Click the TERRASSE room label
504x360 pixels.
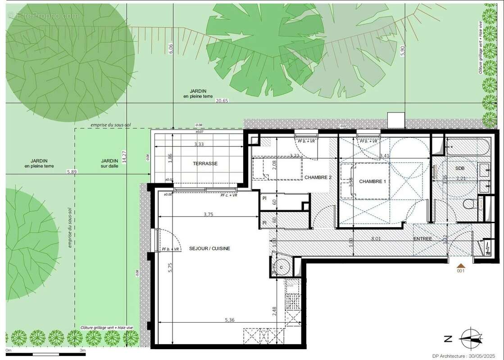pos(206,164)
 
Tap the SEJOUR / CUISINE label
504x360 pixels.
pos(209,248)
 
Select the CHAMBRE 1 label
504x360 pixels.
pos(372,181)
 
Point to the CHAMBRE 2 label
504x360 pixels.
pos(318,177)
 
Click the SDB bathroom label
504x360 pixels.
pos(459,168)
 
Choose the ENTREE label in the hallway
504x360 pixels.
pos(422,238)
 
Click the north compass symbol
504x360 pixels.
pos(471,338)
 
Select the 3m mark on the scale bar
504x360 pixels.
pos(82,350)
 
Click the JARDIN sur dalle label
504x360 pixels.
pos(109,163)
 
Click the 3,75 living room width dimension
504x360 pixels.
pos(208,215)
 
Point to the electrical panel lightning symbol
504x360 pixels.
pos(488,249)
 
